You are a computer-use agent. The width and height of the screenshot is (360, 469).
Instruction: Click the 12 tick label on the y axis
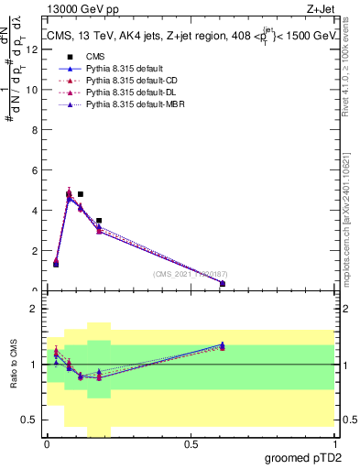(34, 49)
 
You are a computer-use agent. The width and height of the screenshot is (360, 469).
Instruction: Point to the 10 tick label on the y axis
(34, 90)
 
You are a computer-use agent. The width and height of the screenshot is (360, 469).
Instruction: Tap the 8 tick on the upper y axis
(36, 130)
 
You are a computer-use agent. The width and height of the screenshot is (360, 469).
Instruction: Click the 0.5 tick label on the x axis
(191, 444)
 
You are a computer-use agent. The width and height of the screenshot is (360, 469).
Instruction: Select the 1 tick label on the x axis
(335, 444)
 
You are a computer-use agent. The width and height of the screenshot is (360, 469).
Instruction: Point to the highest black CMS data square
(81, 194)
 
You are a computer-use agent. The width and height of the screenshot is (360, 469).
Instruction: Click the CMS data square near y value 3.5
(99, 221)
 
